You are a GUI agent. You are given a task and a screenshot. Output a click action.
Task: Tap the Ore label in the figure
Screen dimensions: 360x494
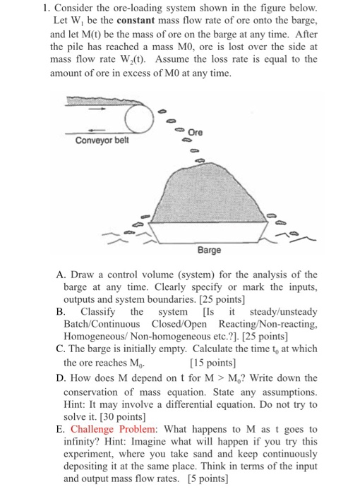point(196,131)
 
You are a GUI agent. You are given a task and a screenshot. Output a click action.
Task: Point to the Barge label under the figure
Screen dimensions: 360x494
point(210,250)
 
